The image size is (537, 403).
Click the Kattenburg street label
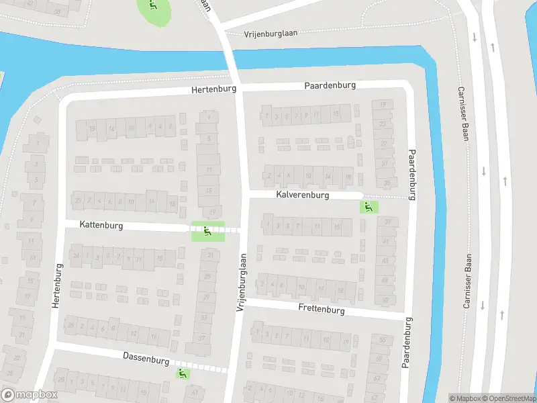coord(101,226)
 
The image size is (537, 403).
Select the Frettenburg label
coord(322,310)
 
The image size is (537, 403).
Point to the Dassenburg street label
coord(146,360)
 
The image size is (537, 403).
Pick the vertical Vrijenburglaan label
coord(241,282)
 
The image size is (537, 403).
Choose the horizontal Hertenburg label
coord(214,89)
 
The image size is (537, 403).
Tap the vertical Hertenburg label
coord(57,285)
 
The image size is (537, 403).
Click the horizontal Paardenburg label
coord(330,86)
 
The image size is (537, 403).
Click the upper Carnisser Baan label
coord(462,114)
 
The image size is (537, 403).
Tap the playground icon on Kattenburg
coord(206,232)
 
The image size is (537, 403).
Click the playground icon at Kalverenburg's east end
coord(367,207)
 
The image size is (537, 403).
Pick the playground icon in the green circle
coord(154,7)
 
